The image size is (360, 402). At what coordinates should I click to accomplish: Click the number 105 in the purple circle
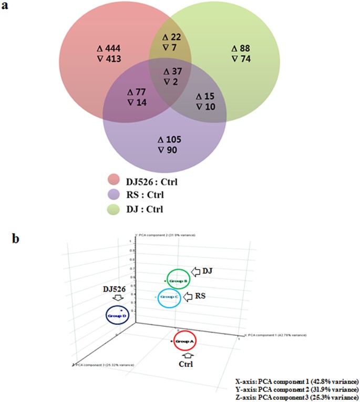[174, 140]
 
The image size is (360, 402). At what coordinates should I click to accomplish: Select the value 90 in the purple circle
[174, 150]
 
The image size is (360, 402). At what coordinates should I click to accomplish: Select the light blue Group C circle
[170, 298]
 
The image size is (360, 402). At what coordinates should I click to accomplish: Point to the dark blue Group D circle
[116, 316]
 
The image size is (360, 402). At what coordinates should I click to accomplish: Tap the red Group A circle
[184, 342]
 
